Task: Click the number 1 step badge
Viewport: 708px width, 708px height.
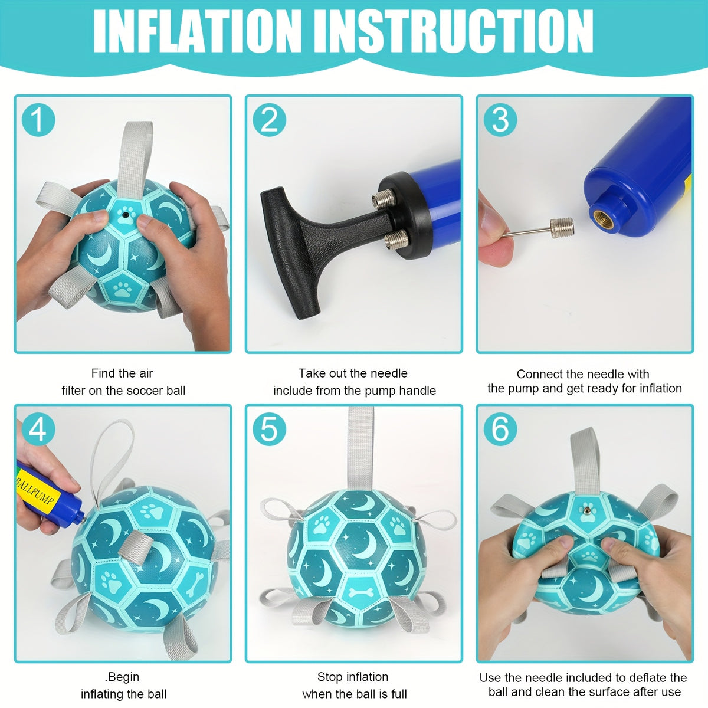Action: click(x=38, y=120)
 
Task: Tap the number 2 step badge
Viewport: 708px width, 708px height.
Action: click(x=269, y=120)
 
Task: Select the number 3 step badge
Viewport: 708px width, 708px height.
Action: click(x=500, y=120)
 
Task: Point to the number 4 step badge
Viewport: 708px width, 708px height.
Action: click(x=38, y=429)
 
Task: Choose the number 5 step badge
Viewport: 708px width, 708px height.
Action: click(x=269, y=429)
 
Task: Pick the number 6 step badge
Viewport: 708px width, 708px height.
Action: click(x=500, y=429)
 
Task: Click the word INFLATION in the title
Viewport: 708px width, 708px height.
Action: click(x=197, y=31)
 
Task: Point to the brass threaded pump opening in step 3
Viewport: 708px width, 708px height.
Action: click(x=604, y=219)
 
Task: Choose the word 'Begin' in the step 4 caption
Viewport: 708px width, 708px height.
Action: click(x=124, y=676)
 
